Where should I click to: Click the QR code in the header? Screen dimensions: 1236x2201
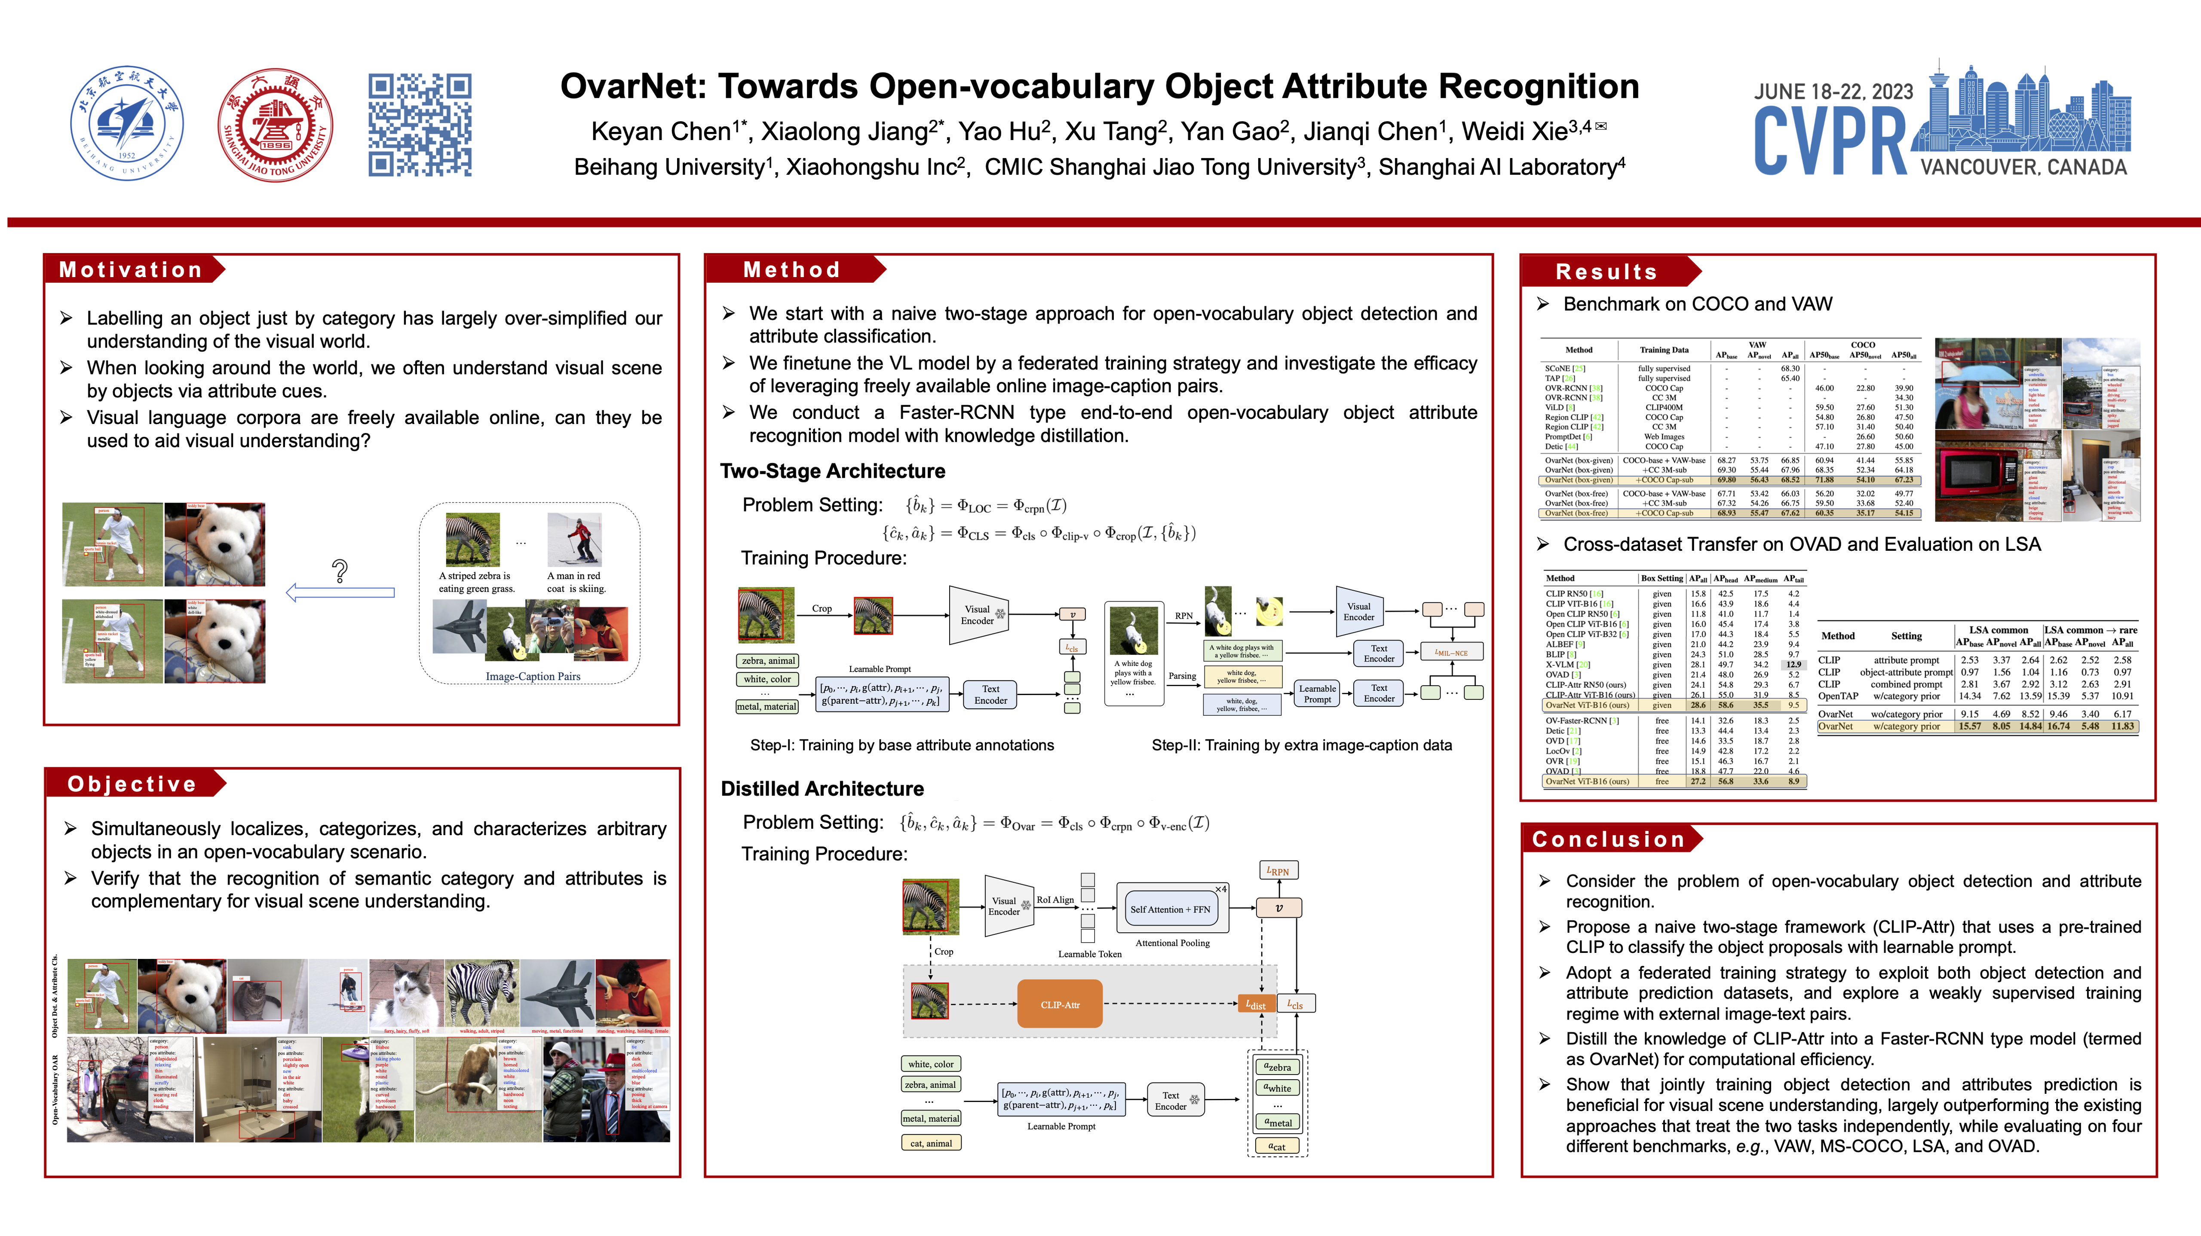[420, 125]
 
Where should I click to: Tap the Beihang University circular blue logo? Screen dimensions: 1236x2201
[126, 124]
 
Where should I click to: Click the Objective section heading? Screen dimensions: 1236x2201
[132, 784]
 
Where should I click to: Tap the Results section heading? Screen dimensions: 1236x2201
[1606, 272]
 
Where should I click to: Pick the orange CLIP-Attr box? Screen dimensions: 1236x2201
[1060, 1004]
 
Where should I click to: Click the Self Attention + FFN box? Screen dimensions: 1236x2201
[1170, 909]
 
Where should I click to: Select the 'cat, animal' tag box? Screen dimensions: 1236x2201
[930, 1143]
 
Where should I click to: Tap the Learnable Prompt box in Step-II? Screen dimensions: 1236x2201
[1317, 693]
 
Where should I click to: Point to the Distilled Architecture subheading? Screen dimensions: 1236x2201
[822, 788]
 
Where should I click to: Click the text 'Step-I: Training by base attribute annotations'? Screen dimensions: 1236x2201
[901, 745]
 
